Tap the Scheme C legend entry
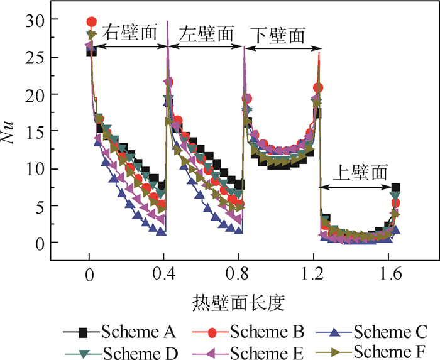[390, 331]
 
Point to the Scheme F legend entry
[390, 351]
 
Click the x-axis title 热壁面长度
[238, 303]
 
